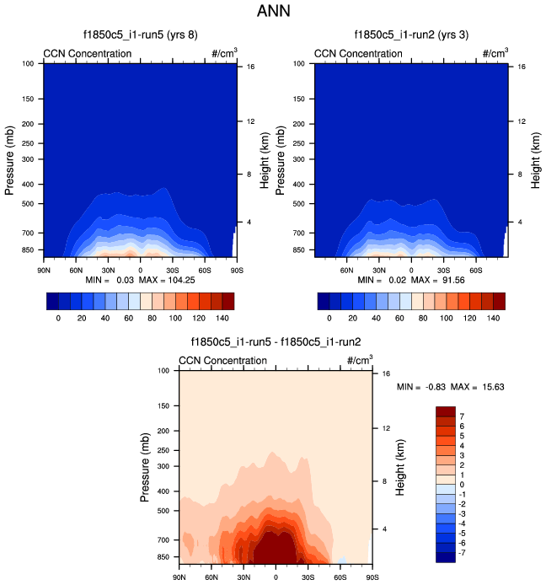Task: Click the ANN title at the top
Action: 273,12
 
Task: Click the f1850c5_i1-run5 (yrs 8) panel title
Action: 140,35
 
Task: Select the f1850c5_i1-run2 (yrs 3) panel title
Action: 411,35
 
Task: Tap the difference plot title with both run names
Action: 276,342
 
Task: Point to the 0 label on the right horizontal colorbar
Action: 330,319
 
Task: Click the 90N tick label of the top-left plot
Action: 44,270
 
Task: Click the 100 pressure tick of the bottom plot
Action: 165,371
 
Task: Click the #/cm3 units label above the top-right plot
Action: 495,53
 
